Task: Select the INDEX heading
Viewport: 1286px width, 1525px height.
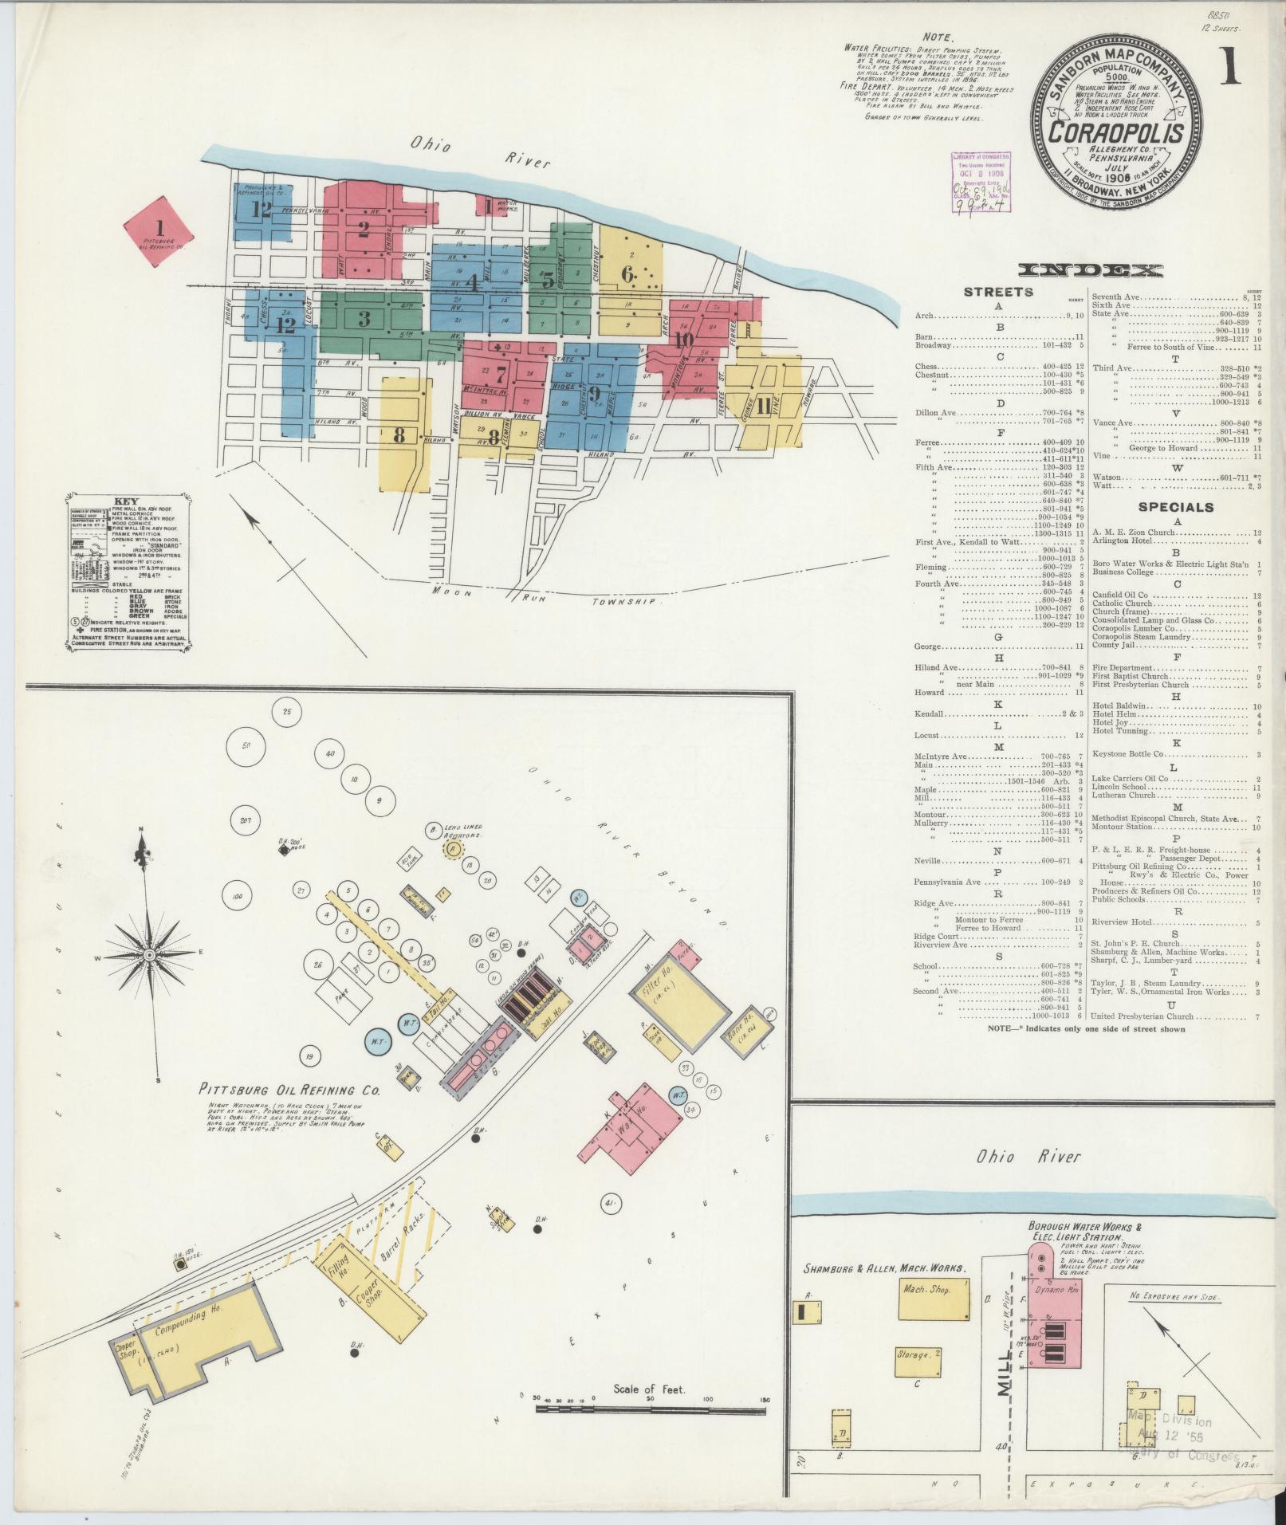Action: [x=1091, y=270]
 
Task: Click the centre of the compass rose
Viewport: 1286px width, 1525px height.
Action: [x=149, y=954]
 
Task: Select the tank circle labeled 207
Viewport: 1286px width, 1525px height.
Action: [x=246, y=820]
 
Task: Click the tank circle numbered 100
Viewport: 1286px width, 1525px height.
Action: [x=236, y=896]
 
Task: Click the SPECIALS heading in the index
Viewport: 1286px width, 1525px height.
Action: [x=1175, y=507]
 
